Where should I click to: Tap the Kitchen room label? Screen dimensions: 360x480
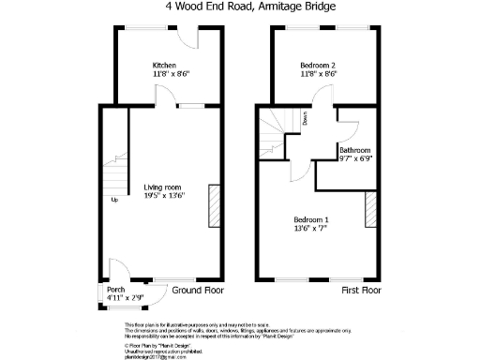coord(164,65)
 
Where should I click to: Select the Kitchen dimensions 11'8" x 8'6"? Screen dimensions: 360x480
coord(164,73)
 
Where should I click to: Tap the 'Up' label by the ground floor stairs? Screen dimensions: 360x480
coord(114,200)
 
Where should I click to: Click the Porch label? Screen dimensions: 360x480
coord(116,289)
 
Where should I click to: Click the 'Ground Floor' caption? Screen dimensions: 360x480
coord(198,290)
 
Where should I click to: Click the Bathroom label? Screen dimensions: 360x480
coord(355,150)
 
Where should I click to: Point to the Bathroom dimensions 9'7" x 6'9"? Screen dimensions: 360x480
coord(355,159)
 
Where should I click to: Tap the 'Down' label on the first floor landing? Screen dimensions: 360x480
coord(306,118)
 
